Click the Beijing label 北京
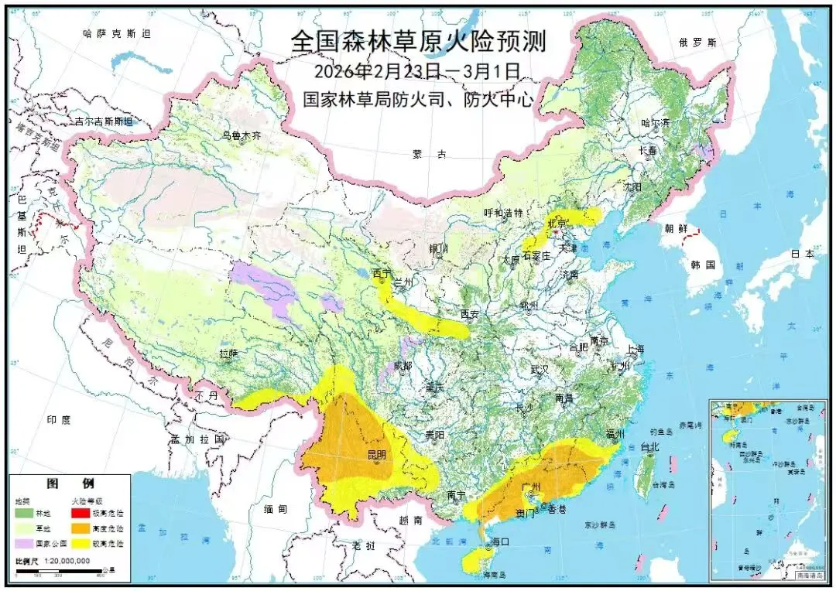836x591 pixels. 557,223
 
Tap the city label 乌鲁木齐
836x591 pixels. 242,135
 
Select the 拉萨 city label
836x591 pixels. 228,353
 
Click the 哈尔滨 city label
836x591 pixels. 654,123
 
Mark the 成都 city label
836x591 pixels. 403,364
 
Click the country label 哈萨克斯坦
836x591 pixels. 117,33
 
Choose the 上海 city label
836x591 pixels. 635,349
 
